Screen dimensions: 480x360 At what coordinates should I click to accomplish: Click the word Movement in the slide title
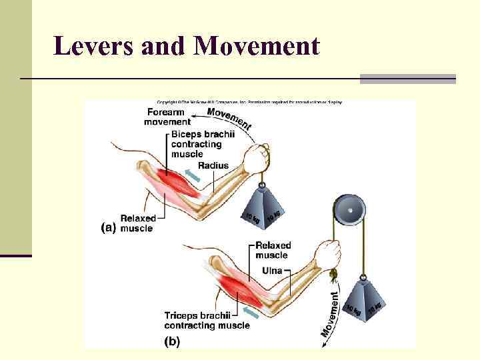point(257,46)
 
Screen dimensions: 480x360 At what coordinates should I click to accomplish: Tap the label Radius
point(213,165)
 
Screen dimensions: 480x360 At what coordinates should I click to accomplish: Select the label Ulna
point(271,271)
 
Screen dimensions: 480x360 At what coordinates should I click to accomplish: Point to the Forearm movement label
point(167,117)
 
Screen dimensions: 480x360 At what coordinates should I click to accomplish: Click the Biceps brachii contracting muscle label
point(196,144)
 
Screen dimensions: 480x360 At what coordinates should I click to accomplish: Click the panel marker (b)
point(171,342)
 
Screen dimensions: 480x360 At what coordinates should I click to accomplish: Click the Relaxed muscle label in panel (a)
point(137,223)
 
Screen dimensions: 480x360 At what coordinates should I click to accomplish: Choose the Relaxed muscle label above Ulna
point(273,250)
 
